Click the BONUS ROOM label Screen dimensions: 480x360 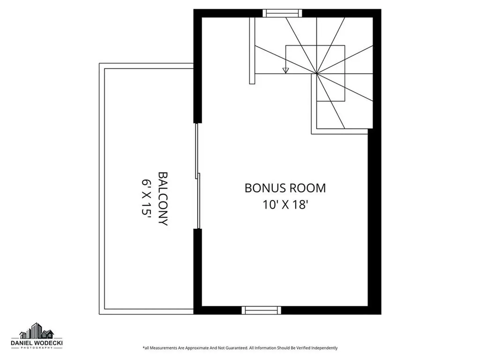(285, 188)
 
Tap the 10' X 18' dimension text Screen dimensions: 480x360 (285, 204)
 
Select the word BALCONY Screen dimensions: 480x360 (163, 199)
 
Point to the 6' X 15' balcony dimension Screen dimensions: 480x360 (146, 199)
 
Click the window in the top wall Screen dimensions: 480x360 (282, 13)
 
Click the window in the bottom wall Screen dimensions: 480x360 (261, 310)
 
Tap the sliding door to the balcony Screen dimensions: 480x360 (198, 176)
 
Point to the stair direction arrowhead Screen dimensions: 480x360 (285, 70)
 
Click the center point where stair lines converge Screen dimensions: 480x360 (316, 74)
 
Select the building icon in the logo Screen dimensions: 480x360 (37, 330)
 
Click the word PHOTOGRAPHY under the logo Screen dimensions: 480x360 (37, 348)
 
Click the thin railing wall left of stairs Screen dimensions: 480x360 (252, 51)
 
